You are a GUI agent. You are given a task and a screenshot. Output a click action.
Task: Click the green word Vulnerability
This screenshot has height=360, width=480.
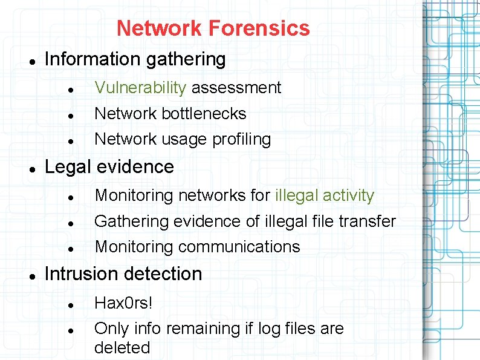(x=140, y=88)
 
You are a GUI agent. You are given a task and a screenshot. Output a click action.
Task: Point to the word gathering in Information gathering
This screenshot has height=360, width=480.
(x=188, y=59)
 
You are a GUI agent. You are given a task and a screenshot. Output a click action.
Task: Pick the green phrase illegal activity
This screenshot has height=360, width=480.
(x=325, y=195)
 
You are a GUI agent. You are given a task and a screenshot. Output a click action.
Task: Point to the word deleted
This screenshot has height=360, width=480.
(x=122, y=348)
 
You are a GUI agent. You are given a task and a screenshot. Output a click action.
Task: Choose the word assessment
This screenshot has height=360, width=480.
(x=236, y=88)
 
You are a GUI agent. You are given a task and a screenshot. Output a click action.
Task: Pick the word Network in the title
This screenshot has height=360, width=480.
(x=159, y=28)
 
